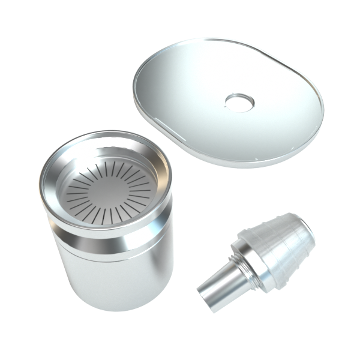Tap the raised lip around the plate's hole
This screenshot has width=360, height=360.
point(239,94)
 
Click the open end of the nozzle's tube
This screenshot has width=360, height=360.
point(207,300)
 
